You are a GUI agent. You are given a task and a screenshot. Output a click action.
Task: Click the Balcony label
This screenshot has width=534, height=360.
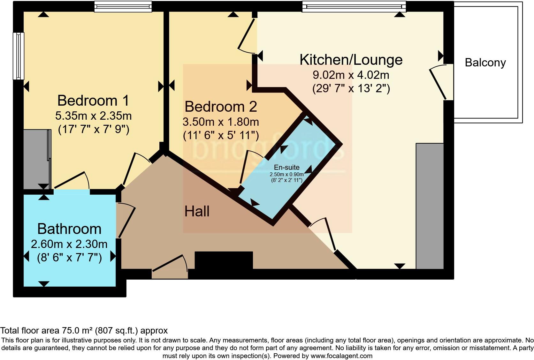(485, 63)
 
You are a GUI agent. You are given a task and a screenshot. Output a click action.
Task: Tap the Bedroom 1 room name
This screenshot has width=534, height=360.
(93, 101)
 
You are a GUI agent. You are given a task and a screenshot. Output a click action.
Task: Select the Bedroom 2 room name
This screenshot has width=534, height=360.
(221, 107)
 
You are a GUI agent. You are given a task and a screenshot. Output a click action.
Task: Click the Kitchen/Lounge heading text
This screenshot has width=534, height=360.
(351, 60)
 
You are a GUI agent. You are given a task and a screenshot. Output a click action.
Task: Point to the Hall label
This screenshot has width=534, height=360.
(197, 211)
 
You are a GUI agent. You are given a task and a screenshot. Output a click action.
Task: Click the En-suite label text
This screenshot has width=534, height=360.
(286, 167)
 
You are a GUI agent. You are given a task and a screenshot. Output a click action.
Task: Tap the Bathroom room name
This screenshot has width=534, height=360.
(69, 229)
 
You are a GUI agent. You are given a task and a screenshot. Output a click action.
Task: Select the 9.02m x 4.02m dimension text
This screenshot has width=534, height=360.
(351, 75)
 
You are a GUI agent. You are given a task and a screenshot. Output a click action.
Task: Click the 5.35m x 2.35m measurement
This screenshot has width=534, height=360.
(93, 116)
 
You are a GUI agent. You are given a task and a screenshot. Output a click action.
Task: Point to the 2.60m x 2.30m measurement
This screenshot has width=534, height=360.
(69, 244)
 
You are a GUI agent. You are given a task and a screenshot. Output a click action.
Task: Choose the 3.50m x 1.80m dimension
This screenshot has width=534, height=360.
(221, 122)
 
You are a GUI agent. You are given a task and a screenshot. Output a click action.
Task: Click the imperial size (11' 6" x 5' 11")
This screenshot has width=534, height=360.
(221, 135)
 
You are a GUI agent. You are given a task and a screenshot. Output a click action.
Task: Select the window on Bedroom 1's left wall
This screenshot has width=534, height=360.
(19, 56)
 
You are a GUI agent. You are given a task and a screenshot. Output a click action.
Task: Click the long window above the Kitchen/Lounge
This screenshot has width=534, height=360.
(354, 6)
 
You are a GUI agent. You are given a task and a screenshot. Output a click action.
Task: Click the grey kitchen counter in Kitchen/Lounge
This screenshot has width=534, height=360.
(430, 206)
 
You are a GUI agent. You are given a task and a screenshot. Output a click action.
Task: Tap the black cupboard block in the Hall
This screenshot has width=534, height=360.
(224, 260)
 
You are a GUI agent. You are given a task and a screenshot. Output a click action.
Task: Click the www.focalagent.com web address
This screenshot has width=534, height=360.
(341, 356)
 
